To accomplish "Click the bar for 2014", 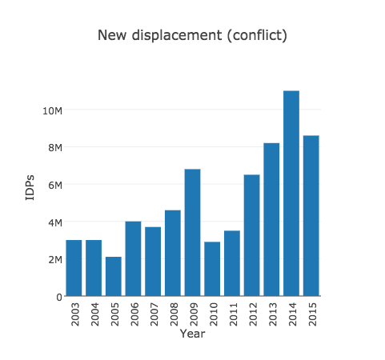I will tap(291, 194).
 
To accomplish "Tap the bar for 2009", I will tap(192, 233).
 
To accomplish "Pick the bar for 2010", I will tap(212, 269).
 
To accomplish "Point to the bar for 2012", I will tap(251, 235).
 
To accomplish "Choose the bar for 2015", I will tap(311, 216).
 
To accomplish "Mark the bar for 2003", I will tap(74, 268).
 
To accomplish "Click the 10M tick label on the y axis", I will tap(53, 110).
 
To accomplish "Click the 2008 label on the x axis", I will tap(173, 313).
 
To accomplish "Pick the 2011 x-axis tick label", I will tap(232, 313).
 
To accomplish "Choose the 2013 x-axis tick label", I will tap(271, 313).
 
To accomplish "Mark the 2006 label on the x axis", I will tap(134, 313).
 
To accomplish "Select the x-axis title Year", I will tap(192, 334).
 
